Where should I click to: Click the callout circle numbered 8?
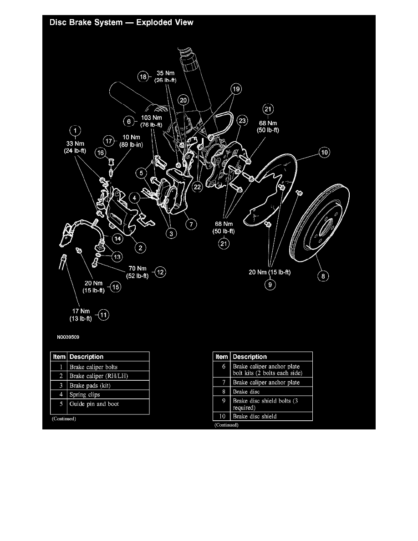[x=323, y=276]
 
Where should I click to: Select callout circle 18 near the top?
[x=144, y=77]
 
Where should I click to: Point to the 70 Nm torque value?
[x=138, y=269]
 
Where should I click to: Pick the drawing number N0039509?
[x=68, y=338]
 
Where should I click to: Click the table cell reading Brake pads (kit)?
[x=90, y=386]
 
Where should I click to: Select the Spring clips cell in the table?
[x=84, y=394]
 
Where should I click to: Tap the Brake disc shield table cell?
[x=254, y=416]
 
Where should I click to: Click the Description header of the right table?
[x=248, y=357]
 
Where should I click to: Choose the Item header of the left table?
[x=59, y=357]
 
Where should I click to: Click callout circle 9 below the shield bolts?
[x=270, y=285]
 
